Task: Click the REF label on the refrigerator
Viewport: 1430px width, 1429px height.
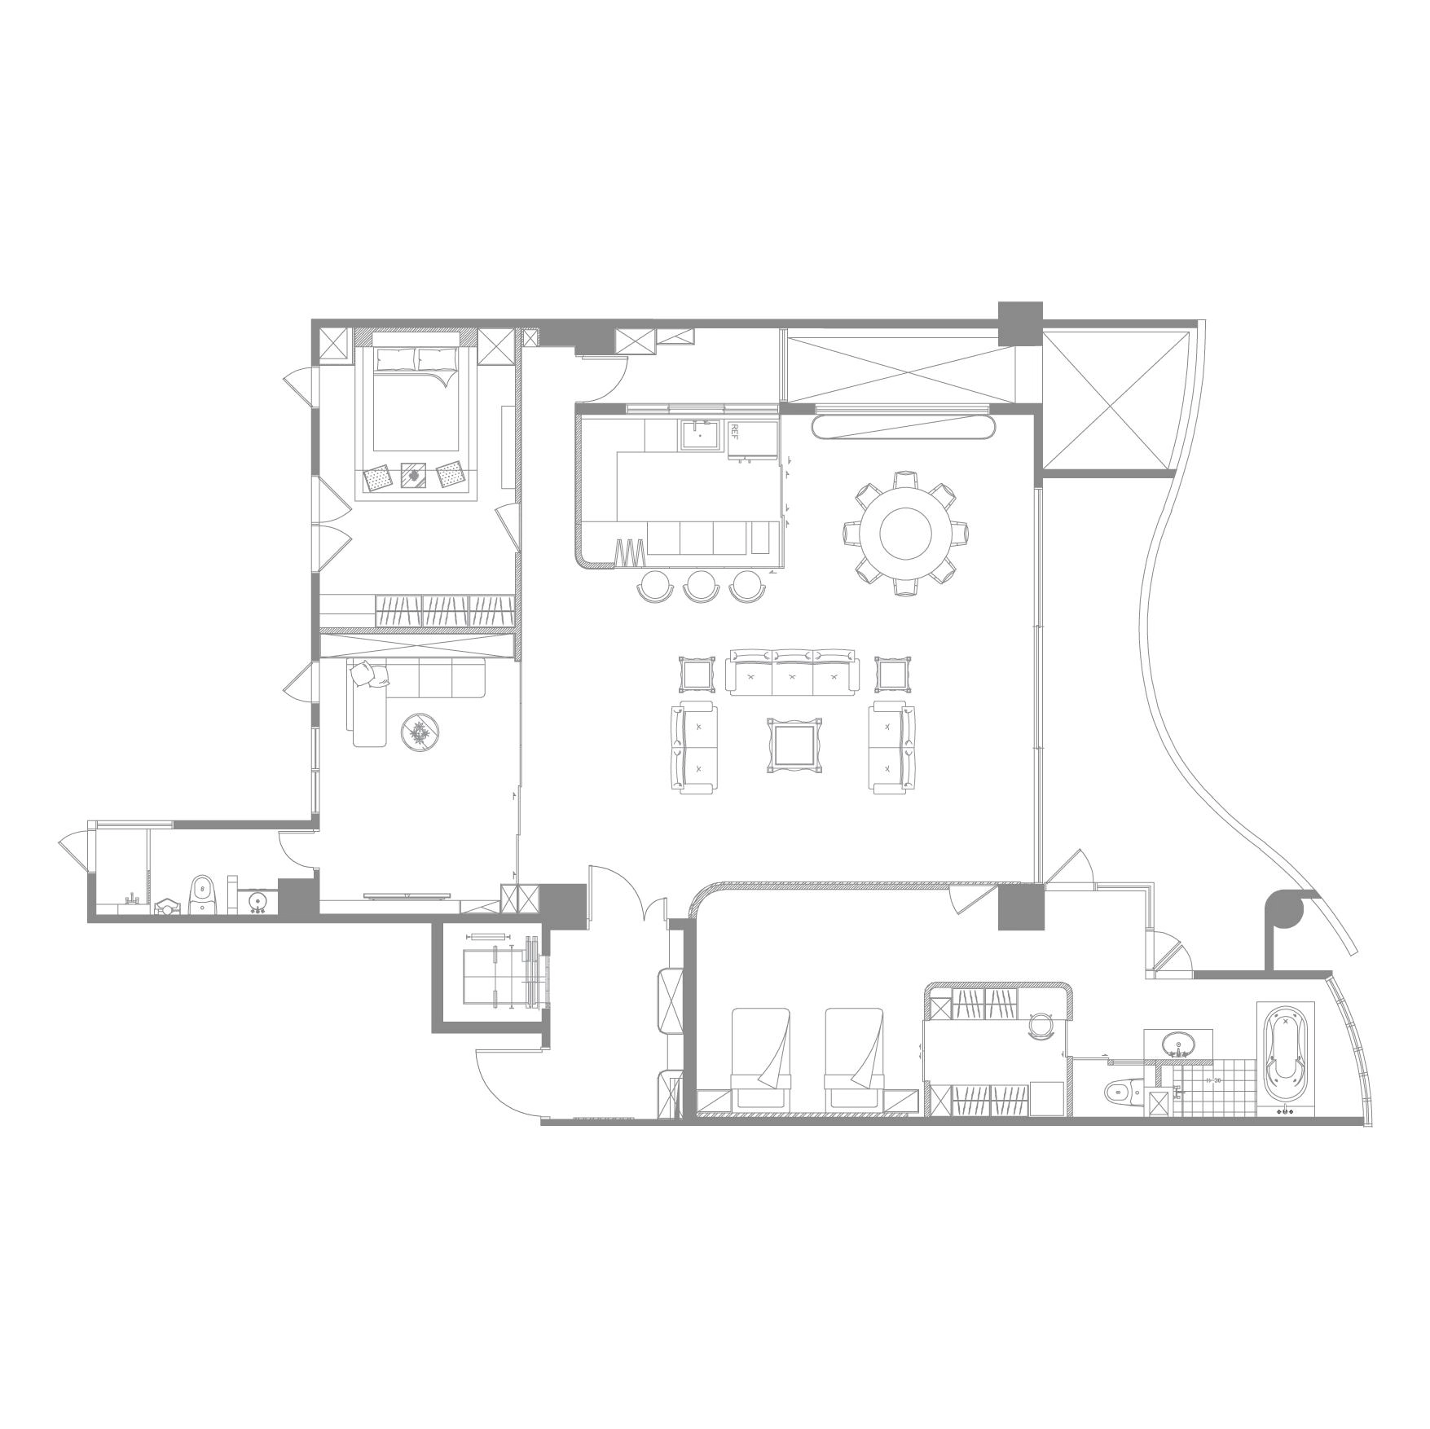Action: point(733,431)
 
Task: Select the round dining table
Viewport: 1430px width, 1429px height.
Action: point(905,534)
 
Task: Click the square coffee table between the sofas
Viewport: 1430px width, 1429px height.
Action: point(794,744)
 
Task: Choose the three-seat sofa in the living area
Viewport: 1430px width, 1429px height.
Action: point(793,671)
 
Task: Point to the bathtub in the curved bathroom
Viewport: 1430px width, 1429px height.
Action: point(1286,1058)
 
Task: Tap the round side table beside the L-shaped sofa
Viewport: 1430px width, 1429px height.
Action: point(420,731)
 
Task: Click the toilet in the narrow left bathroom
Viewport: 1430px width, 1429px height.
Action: point(202,895)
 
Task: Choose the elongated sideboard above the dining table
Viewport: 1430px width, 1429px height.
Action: point(905,428)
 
